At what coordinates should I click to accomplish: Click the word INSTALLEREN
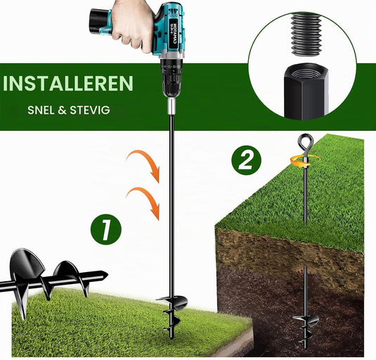[x=68, y=83]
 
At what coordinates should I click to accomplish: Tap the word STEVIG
[x=90, y=110]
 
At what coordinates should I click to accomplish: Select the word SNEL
[x=41, y=110]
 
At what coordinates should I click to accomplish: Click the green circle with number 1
[x=105, y=229]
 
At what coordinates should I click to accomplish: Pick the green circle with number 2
[x=247, y=160]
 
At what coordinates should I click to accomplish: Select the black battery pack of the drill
[x=99, y=21]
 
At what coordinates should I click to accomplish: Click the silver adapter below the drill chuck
[x=171, y=107]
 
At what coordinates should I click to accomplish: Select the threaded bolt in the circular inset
[x=306, y=34]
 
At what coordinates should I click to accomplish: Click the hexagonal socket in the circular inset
[x=306, y=91]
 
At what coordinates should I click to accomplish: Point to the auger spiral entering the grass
[x=171, y=314]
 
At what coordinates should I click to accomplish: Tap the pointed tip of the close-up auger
[x=108, y=275]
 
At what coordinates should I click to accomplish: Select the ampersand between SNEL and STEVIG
[x=62, y=110]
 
